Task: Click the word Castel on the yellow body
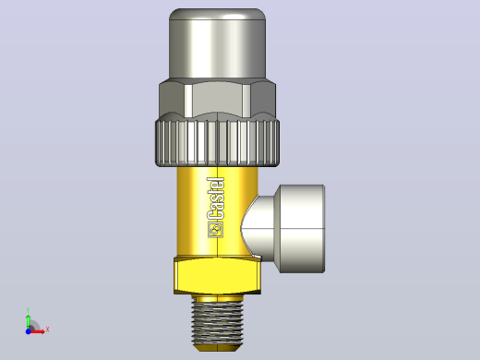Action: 216,198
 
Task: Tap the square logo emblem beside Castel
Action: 216,230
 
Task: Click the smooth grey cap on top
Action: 217,43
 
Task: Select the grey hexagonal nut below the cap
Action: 217,99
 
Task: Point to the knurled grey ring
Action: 217,143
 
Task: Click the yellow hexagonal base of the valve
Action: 217,276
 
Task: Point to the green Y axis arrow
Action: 29,322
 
